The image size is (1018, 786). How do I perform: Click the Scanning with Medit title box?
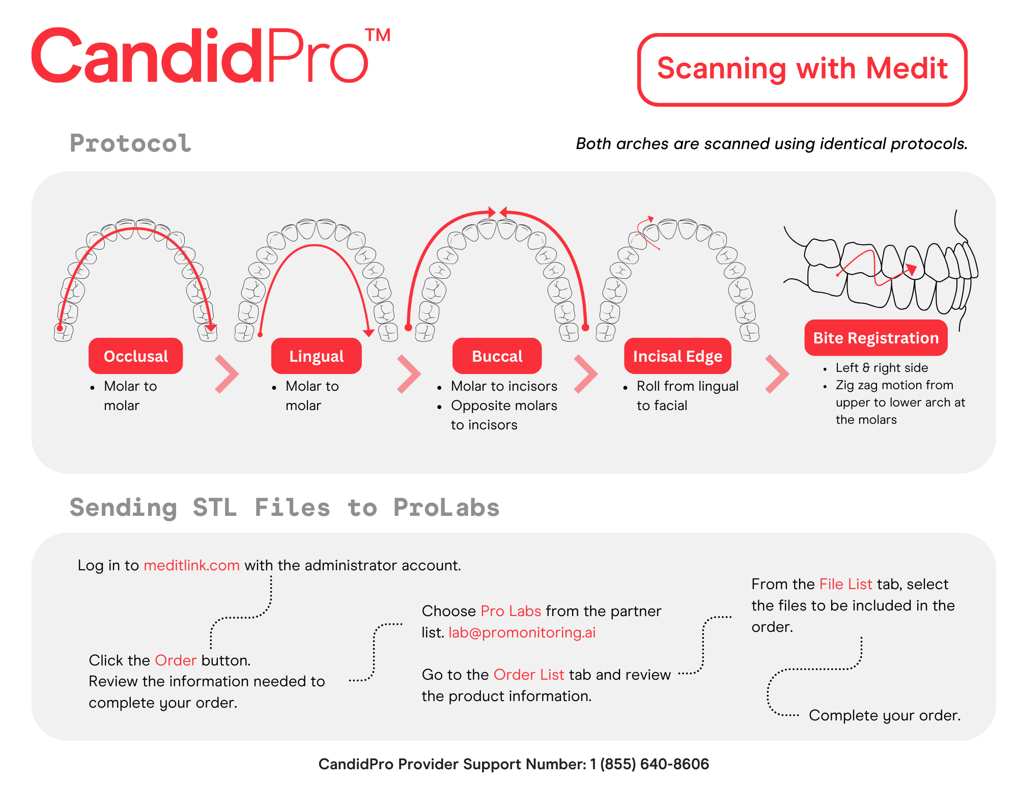coord(802,69)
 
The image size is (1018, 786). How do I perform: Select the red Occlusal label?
coord(135,356)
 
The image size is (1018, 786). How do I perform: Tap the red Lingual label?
coord(316,356)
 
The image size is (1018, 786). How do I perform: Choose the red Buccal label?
coord(497,356)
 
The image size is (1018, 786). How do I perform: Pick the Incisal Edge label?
coord(677,356)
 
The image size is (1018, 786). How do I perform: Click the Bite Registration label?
coord(875,338)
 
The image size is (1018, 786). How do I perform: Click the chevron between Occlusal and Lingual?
coord(227,374)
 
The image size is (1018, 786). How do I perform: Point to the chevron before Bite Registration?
coord(777,374)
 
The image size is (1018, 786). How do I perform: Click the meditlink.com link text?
coord(191,565)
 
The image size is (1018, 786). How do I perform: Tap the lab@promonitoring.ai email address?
coord(522,632)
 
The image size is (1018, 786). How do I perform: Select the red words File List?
coord(845,584)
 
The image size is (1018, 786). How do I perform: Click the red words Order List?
coord(529,675)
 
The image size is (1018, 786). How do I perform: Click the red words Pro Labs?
coord(511,611)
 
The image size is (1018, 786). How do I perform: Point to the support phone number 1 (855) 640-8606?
coord(649,764)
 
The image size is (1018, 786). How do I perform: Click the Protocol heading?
coord(130,143)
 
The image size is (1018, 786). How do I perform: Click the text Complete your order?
coord(885,715)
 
